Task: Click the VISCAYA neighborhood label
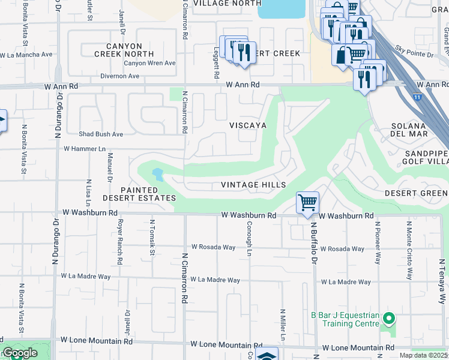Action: pyautogui.click(x=247, y=125)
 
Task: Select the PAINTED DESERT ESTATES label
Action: pyautogui.click(x=139, y=194)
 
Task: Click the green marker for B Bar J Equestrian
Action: pyautogui.click(x=389, y=318)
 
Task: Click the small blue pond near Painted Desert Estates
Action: pyautogui.click(x=157, y=175)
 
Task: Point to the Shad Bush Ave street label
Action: pyautogui.click(x=101, y=134)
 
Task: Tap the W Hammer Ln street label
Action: pyautogui.click(x=84, y=148)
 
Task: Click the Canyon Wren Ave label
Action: pyautogui.click(x=149, y=63)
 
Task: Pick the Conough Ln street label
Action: pyautogui.click(x=248, y=239)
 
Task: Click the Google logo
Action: pyautogui.click(x=19, y=353)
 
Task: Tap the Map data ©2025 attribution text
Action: pyautogui.click(x=423, y=355)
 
